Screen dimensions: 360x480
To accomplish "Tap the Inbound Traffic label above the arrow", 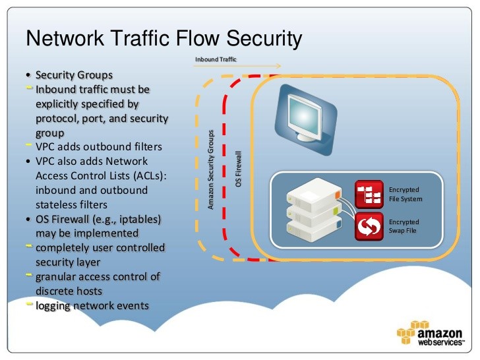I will [x=216, y=59].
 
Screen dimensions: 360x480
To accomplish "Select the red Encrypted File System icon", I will [x=369, y=194].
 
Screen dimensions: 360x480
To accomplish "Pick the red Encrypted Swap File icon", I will [x=369, y=226].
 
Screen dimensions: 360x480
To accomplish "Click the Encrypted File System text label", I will [x=405, y=194].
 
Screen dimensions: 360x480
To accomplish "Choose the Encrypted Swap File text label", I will [x=404, y=226].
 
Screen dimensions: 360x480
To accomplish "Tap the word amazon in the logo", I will [x=444, y=330].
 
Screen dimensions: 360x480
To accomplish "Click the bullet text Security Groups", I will [x=74, y=75].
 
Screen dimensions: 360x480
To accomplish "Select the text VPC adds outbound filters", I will [x=98, y=146].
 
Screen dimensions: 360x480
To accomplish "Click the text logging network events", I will [x=92, y=305].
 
